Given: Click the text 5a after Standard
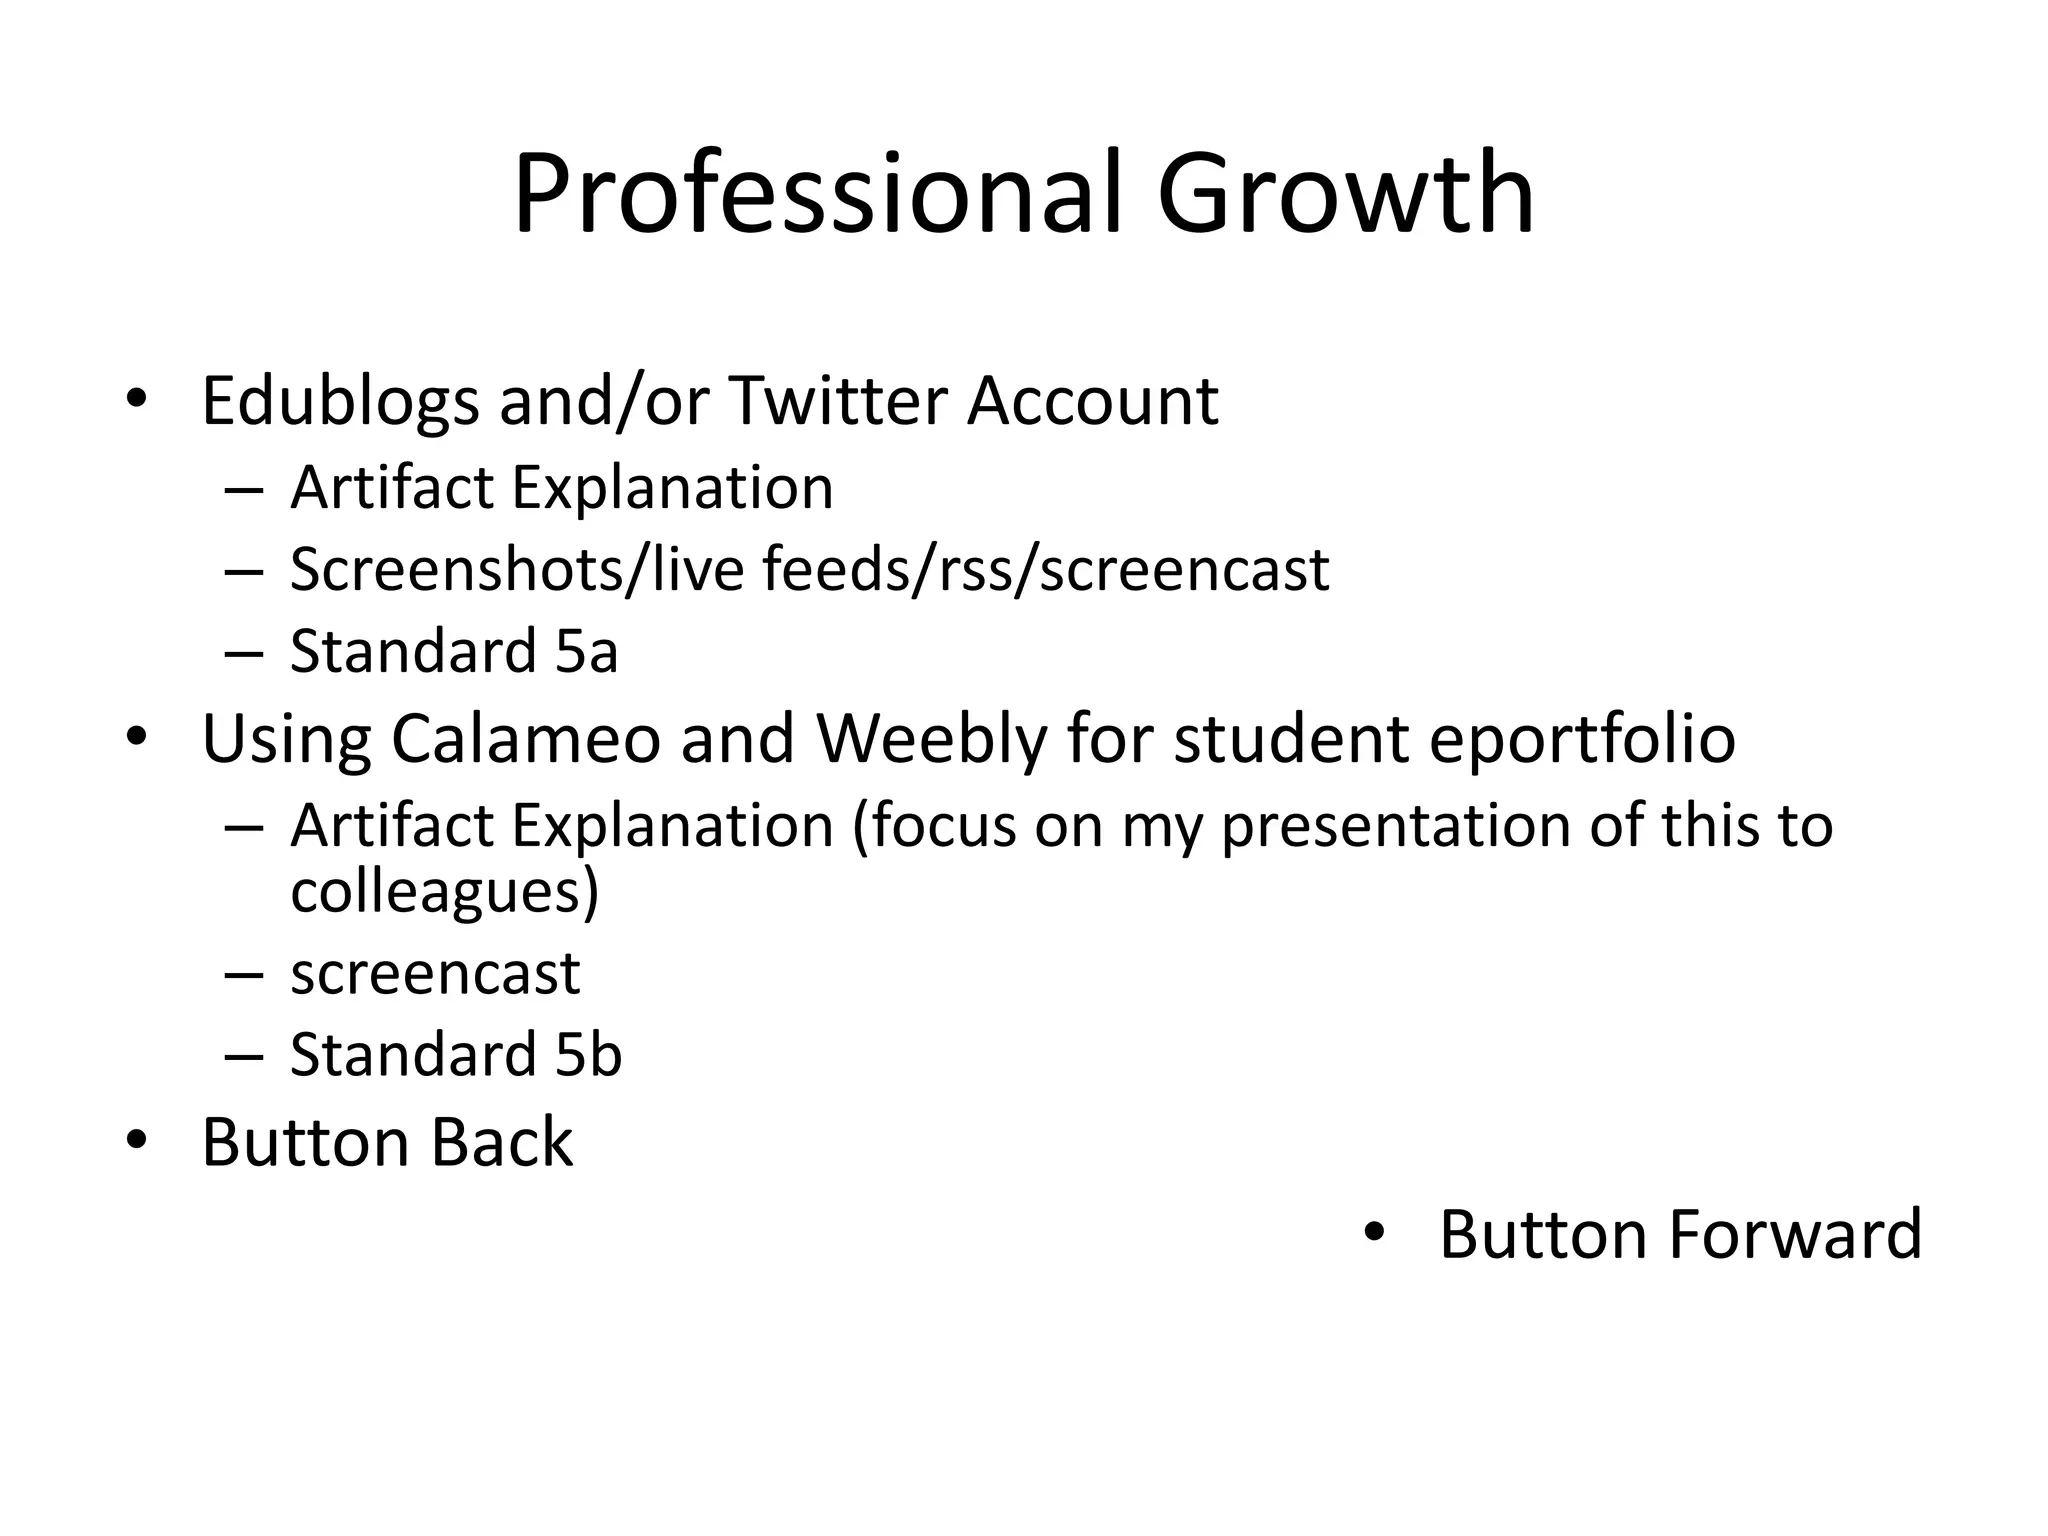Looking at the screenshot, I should (x=586, y=652).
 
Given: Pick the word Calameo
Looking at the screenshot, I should (x=526, y=739).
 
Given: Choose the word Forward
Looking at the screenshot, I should (x=1795, y=1234).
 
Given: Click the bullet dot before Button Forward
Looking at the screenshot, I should (x=1375, y=1232).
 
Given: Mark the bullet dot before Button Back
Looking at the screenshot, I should (x=137, y=1139).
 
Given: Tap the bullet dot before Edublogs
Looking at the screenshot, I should (x=137, y=399).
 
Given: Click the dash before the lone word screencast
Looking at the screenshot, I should (x=244, y=974).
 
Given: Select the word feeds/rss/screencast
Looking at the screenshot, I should (x=1045, y=570).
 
